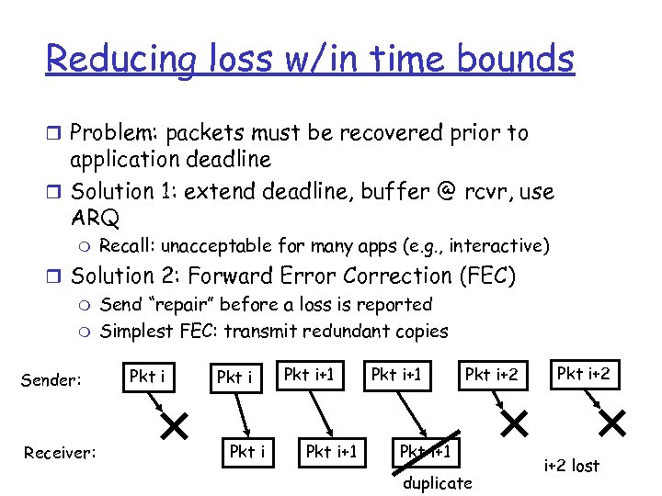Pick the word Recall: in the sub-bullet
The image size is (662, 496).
click(126, 246)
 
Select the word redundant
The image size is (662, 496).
click(353, 331)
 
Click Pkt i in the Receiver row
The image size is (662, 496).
click(247, 451)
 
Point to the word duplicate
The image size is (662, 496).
click(437, 482)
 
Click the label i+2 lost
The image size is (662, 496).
click(571, 467)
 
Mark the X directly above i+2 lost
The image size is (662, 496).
click(611, 423)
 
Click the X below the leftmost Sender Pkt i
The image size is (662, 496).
click(173, 424)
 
